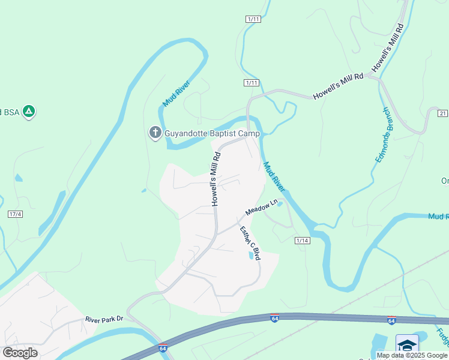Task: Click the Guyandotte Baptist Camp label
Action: tap(212, 133)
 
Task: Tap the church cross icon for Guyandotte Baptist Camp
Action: tap(155, 132)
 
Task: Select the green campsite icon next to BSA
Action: tap(28, 112)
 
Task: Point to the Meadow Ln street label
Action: tap(262, 208)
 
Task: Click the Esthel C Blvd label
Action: tap(250, 242)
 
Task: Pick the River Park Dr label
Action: tap(104, 319)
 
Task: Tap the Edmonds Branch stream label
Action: tap(384, 134)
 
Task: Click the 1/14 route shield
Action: tap(302, 241)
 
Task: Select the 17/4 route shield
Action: tap(15, 214)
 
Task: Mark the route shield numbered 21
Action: tap(443, 113)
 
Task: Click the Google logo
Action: tap(20, 352)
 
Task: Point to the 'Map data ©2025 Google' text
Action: tap(412, 355)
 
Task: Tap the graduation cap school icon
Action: tap(407, 345)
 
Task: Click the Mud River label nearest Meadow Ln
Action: tap(274, 178)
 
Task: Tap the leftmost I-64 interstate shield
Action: tap(163, 348)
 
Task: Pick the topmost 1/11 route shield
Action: tap(253, 19)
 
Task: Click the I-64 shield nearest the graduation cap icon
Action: tap(391, 322)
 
